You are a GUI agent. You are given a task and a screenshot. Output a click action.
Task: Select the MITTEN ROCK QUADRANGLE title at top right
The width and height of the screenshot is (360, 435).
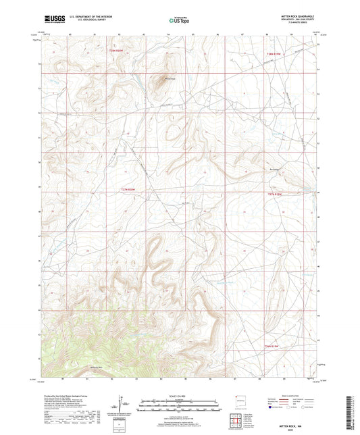tap(296, 18)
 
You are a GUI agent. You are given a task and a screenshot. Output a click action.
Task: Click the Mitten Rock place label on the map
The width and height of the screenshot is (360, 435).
tap(163, 76)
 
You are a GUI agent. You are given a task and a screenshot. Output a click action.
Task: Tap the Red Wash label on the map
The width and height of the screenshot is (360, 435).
tap(274, 170)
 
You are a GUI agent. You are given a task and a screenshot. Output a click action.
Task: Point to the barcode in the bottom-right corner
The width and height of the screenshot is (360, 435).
tap(349, 410)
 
